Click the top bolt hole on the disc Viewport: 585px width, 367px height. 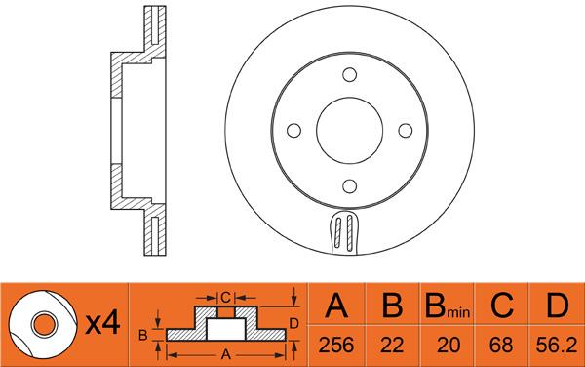coord(350,75)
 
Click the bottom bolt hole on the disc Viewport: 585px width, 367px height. coord(350,185)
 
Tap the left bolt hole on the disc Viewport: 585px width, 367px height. coord(294,130)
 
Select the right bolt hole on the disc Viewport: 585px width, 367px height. coord(406,130)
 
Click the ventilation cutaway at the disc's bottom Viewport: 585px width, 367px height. coord(343,232)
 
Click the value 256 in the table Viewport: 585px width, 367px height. coord(335,345)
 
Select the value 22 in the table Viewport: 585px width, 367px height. coord(392,345)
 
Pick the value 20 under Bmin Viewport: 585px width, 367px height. coord(448,345)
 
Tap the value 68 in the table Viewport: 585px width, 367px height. coord(501,345)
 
